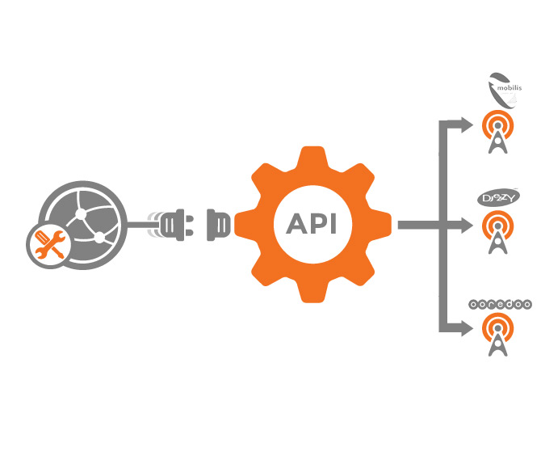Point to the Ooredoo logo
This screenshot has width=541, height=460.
coord(500,305)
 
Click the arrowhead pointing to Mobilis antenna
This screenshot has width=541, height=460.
coord(466,124)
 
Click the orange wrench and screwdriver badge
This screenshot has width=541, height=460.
coord(47,245)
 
